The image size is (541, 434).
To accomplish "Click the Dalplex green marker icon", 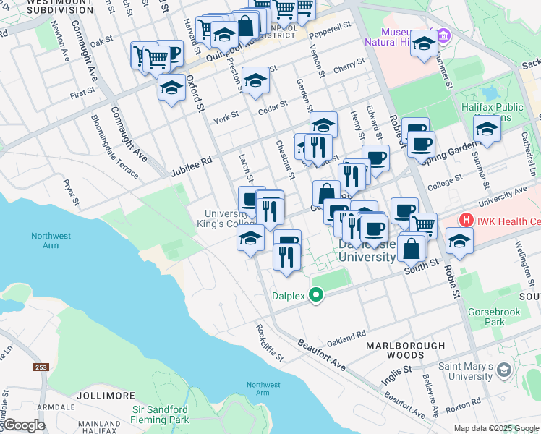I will coord(315,294).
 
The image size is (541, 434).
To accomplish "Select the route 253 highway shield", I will coord(41,367).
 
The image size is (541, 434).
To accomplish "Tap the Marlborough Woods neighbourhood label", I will coord(405,350).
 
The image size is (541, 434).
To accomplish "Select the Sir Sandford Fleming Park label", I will coord(160,414).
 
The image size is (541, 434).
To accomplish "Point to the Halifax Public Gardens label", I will coord(493,112).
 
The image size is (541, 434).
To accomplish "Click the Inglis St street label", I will coord(397,369).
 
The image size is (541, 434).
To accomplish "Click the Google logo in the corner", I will coord(23,425).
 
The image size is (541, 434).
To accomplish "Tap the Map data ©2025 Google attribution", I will coord(496,428).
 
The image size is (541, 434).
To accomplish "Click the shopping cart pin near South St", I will coord(423,226).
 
